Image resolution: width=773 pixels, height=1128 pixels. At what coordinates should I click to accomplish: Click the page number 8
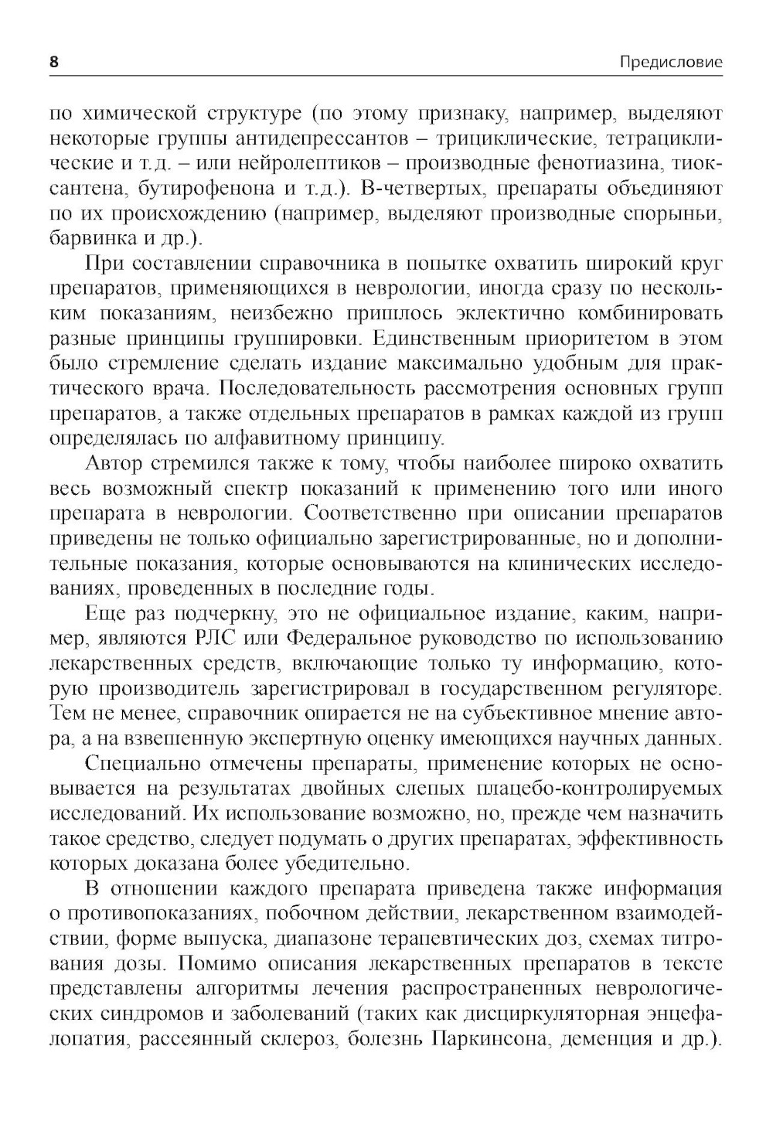click(53, 63)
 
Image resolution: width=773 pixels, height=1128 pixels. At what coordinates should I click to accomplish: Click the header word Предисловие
click(671, 63)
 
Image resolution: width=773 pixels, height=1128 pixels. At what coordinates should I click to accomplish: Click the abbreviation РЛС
click(209, 639)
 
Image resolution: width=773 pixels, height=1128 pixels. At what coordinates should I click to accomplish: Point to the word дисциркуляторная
click(551, 1014)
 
